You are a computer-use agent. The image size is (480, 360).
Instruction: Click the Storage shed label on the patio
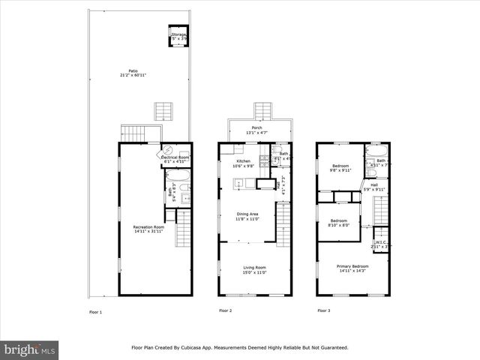pyautogui.click(x=178, y=34)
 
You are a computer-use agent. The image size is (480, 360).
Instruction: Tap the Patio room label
pyautogui.click(x=133, y=73)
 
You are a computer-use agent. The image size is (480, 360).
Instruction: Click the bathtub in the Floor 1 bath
pyautogui.click(x=180, y=177)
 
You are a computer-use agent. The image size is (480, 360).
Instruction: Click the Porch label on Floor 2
pyautogui.click(x=257, y=128)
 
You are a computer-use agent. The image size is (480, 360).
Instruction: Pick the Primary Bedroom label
pyautogui.click(x=352, y=267)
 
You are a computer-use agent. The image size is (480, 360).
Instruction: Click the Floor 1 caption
pyautogui.click(x=95, y=311)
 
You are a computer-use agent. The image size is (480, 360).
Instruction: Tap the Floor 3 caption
pyautogui.click(x=322, y=310)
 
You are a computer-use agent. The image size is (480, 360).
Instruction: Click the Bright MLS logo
pyautogui.click(x=30, y=349)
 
